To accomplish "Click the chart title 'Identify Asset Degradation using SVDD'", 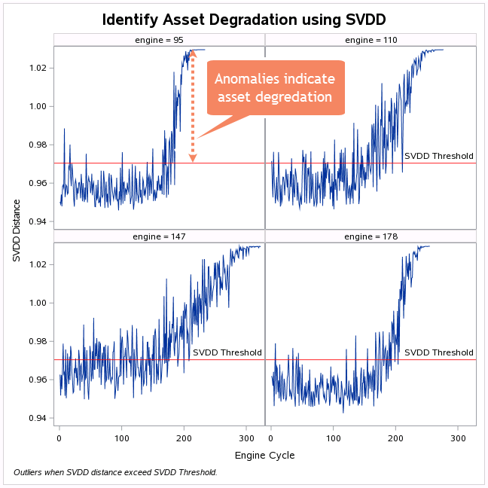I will [244, 18].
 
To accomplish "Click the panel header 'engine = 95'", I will [158, 39].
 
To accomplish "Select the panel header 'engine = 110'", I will [371, 39].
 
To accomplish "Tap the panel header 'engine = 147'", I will [158, 236].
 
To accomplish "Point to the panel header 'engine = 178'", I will [371, 236].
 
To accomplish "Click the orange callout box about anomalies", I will [274, 88].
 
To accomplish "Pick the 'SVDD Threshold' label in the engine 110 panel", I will [439, 157].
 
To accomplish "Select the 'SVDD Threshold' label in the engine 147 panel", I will [227, 352].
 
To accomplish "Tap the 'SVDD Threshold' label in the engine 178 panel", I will [439, 352].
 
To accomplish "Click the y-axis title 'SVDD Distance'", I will [17, 230].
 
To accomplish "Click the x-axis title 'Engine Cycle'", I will [264, 456].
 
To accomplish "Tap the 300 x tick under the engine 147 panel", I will [246, 438].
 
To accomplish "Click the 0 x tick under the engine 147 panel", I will [59, 438].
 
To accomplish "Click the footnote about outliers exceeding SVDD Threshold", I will [115, 472].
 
